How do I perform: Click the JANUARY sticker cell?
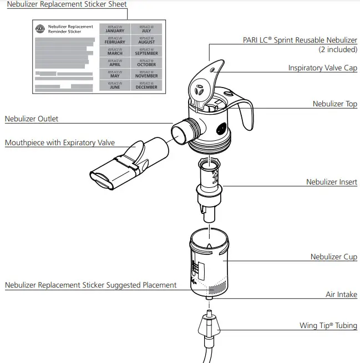pos(115,29)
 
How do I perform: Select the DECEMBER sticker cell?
pos(146,85)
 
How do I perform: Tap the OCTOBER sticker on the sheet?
pos(146,63)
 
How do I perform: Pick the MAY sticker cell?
pos(115,74)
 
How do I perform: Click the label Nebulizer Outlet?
pos(32,119)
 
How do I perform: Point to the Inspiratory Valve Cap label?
pos(322,68)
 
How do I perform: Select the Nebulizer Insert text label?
pos(332,182)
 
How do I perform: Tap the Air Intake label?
pos(341,295)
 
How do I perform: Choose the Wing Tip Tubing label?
pos(328,326)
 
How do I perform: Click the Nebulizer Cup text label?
pos(333,257)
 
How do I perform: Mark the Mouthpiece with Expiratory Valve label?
pos(60,143)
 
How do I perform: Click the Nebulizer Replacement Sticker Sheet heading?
pos(67,4)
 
